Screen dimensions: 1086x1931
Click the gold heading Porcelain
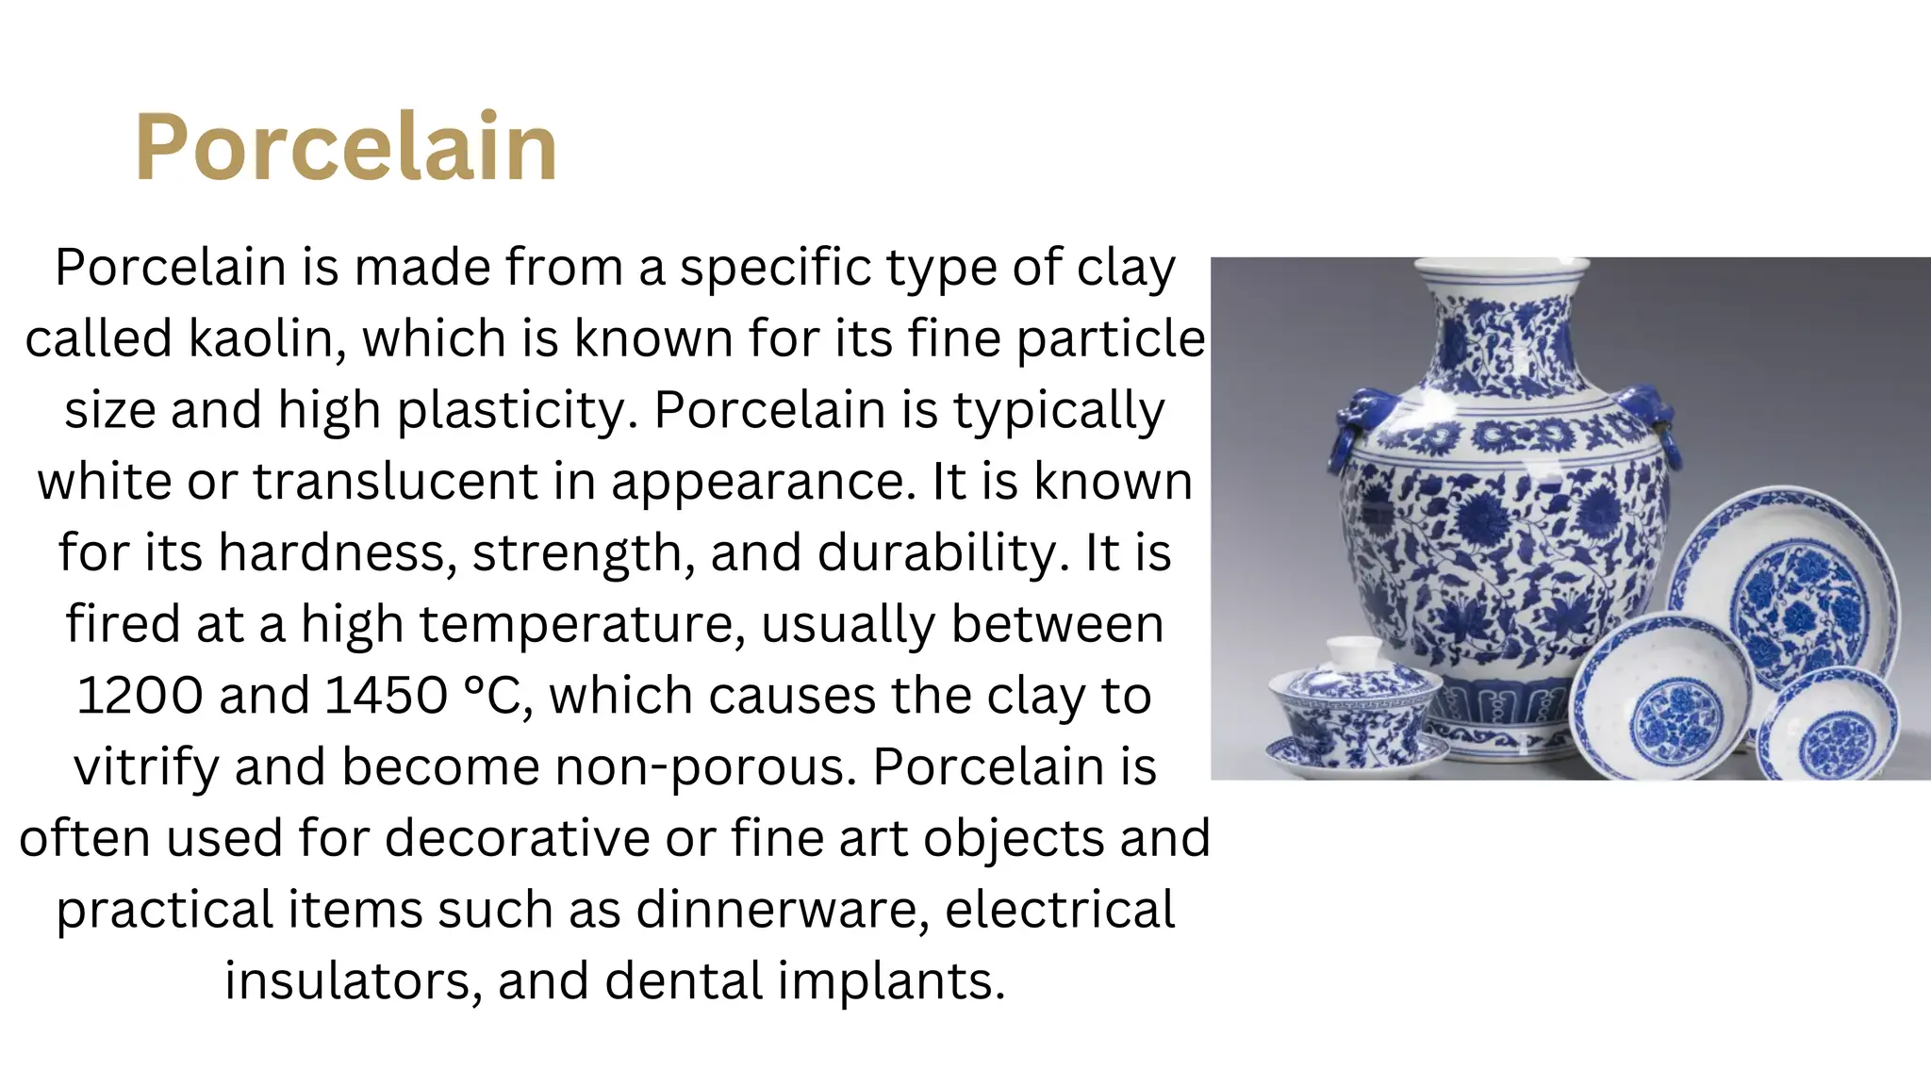coord(346,147)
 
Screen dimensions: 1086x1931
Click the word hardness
coord(332,552)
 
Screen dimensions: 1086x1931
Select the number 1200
coord(140,696)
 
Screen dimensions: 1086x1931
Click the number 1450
coord(387,696)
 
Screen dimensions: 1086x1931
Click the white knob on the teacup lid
coord(1355,650)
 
